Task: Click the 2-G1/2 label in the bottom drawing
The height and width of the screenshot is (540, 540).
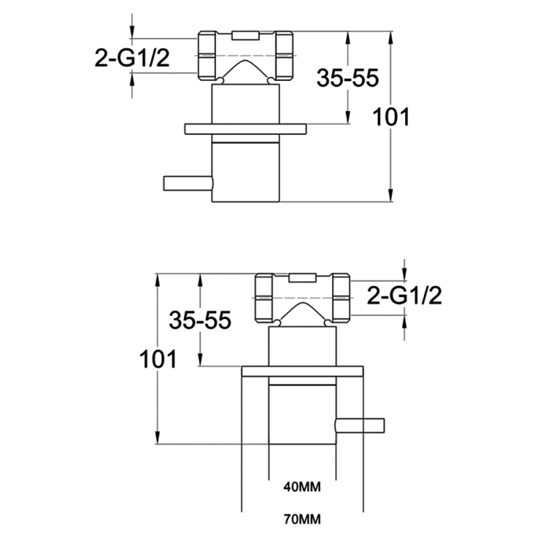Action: point(404,295)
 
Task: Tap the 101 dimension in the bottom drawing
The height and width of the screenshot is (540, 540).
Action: point(158,358)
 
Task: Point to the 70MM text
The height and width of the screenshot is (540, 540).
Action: point(302,520)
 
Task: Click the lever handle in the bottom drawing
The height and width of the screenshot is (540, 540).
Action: point(360,425)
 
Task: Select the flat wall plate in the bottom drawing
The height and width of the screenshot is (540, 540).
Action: point(302,371)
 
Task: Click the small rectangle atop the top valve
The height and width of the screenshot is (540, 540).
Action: point(245,34)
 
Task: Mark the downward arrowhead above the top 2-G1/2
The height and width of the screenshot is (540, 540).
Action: point(133,32)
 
